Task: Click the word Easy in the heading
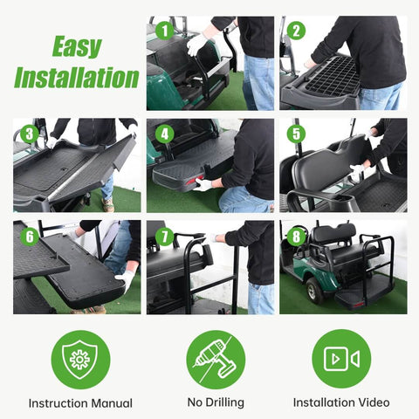click(x=76, y=47)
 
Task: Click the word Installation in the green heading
click(x=76, y=77)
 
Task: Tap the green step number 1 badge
click(x=163, y=31)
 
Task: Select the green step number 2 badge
click(x=297, y=31)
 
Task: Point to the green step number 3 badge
click(x=30, y=134)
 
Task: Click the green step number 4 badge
click(x=163, y=134)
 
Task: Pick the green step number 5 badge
click(x=297, y=134)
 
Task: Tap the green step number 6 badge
click(x=30, y=236)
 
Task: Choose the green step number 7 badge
click(x=163, y=236)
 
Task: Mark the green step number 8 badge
click(x=297, y=236)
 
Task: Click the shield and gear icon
click(x=80, y=359)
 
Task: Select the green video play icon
click(x=341, y=359)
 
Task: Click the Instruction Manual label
click(x=80, y=402)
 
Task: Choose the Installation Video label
click(x=341, y=402)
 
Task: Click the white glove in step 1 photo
click(x=197, y=44)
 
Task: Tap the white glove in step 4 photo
click(x=203, y=184)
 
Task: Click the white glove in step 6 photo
click(x=127, y=279)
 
